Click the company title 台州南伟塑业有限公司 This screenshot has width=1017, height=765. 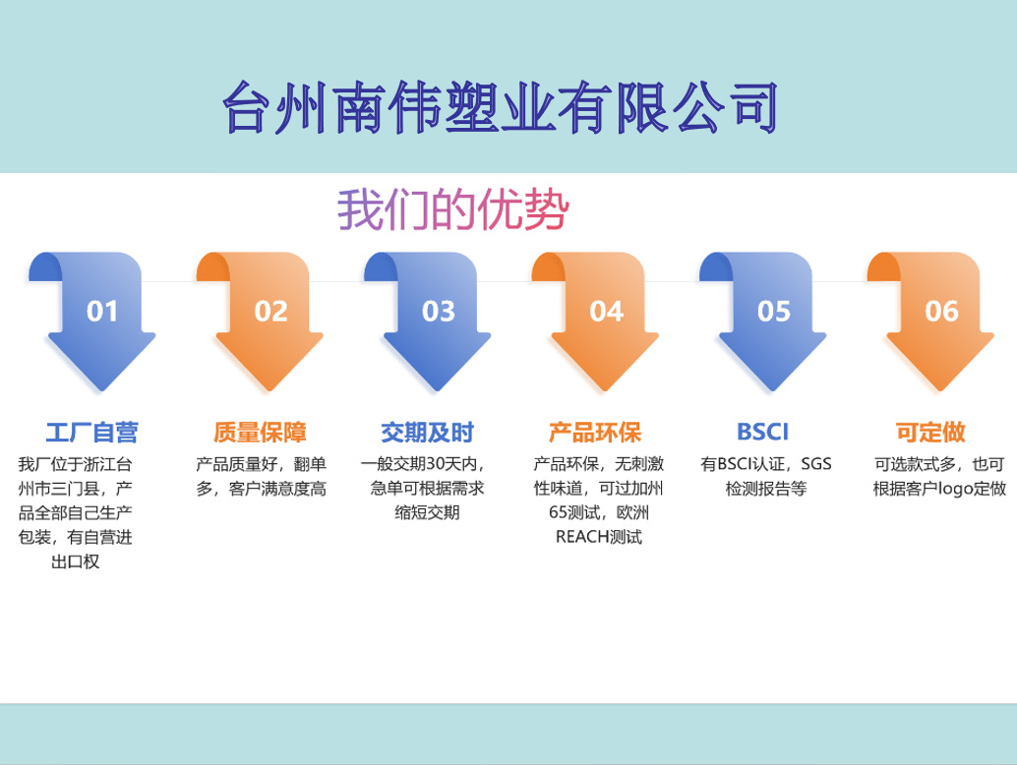click(x=501, y=107)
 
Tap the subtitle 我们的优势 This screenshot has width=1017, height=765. click(x=453, y=209)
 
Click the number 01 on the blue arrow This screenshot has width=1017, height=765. click(x=102, y=312)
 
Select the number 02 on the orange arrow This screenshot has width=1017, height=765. click(x=270, y=312)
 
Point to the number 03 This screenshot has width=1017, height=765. click(x=439, y=312)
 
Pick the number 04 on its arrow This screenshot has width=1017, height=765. click(x=607, y=312)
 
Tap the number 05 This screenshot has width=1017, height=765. click(x=774, y=312)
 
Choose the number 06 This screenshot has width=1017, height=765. click(x=941, y=312)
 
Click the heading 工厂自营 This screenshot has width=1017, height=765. click(x=91, y=432)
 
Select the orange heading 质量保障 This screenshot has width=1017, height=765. click(x=260, y=432)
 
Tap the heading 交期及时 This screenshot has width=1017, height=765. click(x=428, y=432)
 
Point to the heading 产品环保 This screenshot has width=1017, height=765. click(x=595, y=432)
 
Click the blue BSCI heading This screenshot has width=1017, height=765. click(x=763, y=432)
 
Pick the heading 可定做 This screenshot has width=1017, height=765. click(x=930, y=432)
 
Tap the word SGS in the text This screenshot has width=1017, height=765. click(x=815, y=464)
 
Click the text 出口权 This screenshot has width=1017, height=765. click(x=76, y=561)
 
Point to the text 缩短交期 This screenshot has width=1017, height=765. click(x=428, y=512)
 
